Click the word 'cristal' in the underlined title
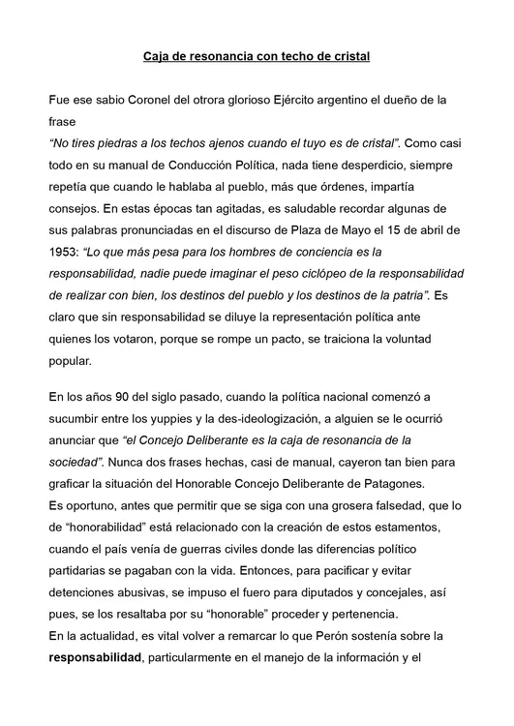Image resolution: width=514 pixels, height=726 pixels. [x=349, y=57]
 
